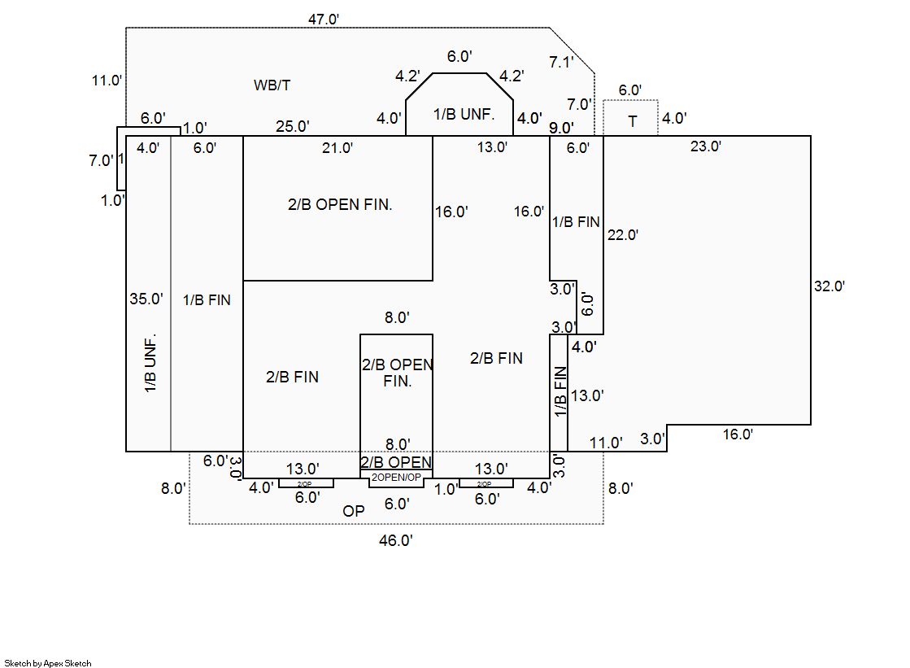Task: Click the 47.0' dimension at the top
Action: (324, 19)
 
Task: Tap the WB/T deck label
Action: (272, 85)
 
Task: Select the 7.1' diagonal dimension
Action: (561, 62)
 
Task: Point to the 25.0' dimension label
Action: (292, 126)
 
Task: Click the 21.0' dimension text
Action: (337, 147)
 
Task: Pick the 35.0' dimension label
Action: (146, 299)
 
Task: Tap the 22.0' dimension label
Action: (622, 235)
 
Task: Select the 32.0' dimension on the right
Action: (829, 286)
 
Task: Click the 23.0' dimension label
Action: (705, 146)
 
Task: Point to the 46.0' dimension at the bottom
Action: (396, 540)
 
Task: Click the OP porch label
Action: (354, 511)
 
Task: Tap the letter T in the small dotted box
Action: (633, 122)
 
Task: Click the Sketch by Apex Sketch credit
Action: (48, 663)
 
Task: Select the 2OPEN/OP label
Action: (396, 478)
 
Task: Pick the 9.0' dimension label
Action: (561, 127)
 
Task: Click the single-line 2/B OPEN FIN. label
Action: (340, 205)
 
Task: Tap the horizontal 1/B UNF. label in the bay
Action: (464, 114)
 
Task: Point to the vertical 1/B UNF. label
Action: (150, 365)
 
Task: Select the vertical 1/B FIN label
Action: (559, 392)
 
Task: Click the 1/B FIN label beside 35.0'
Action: (207, 300)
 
